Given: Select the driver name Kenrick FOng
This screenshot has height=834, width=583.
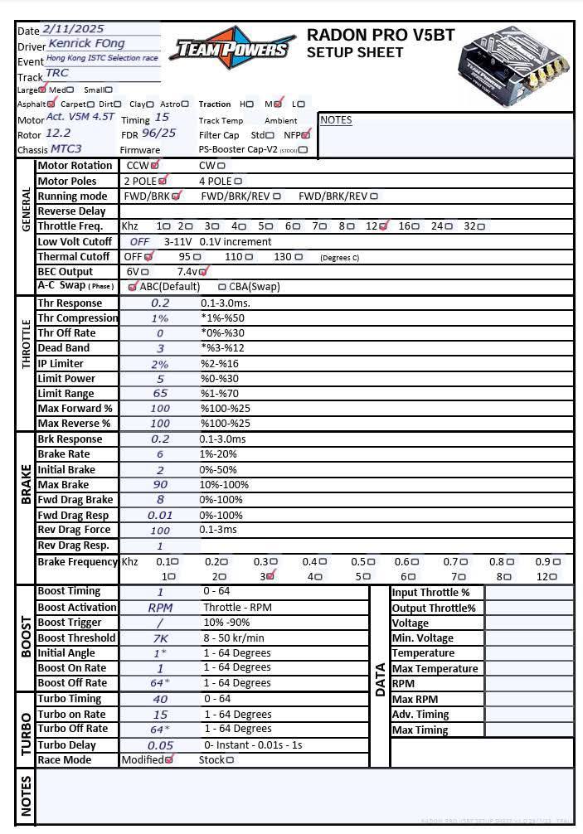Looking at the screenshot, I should coord(86,43).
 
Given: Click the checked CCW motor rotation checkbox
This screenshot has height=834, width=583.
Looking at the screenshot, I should coord(155,165).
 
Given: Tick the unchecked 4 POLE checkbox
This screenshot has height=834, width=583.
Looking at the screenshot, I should coord(238,181).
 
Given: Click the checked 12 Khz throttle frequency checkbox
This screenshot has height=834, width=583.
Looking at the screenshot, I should coord(383,225).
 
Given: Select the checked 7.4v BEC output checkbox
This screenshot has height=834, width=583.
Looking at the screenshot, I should coord(203,271).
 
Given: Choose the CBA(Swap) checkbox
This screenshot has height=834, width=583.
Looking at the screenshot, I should coord(222,287).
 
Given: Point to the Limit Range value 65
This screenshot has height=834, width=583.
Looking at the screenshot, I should coord(160,394).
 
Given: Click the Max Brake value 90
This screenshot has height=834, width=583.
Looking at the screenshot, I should coord(160,485).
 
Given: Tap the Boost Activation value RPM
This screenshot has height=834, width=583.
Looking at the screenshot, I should coord(160,608).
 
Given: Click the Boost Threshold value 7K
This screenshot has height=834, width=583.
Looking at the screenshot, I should coord(160,638).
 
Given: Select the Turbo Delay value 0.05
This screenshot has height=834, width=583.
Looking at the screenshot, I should coord(160,745).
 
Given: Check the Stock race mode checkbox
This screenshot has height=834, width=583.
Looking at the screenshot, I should coord(230,759).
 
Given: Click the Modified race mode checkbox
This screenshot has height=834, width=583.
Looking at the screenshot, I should coord(169,759).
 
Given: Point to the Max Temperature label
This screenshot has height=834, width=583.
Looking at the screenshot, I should coord(435,669).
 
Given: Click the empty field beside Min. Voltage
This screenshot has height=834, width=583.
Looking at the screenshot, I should coord(528,638).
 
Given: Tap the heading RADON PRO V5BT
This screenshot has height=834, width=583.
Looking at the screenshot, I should coord(381,35).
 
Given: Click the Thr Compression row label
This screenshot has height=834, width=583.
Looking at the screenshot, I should coord(78,318).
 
